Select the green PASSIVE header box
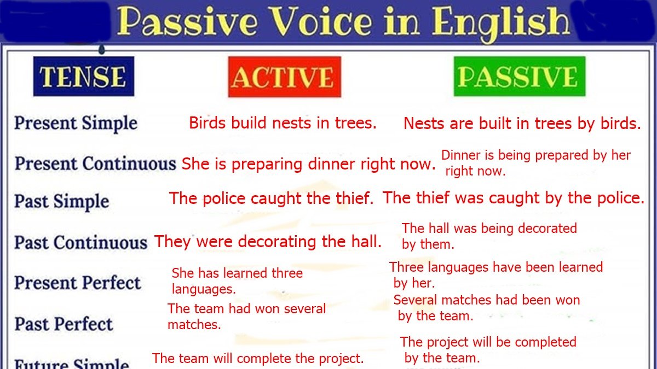[x=519, y=77]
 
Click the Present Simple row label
[x=76, y=123]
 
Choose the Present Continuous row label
[x=95, y=163]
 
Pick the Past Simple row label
[x=61, y=201]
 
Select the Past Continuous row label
[x=80, y=242]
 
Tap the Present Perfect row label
[x=77, y=283]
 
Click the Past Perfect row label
[x=63, y=324]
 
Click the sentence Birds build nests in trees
[x=283, y=123]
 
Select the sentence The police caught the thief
[x=271, y=198]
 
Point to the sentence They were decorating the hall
[x=268, y=242]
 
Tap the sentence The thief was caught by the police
[x=514, y=198]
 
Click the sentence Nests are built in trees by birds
[x=522, y=124]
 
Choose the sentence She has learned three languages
[x=237, y=280]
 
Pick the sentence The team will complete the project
[x=258, y=359]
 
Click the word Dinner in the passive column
[x=460, y=155]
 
